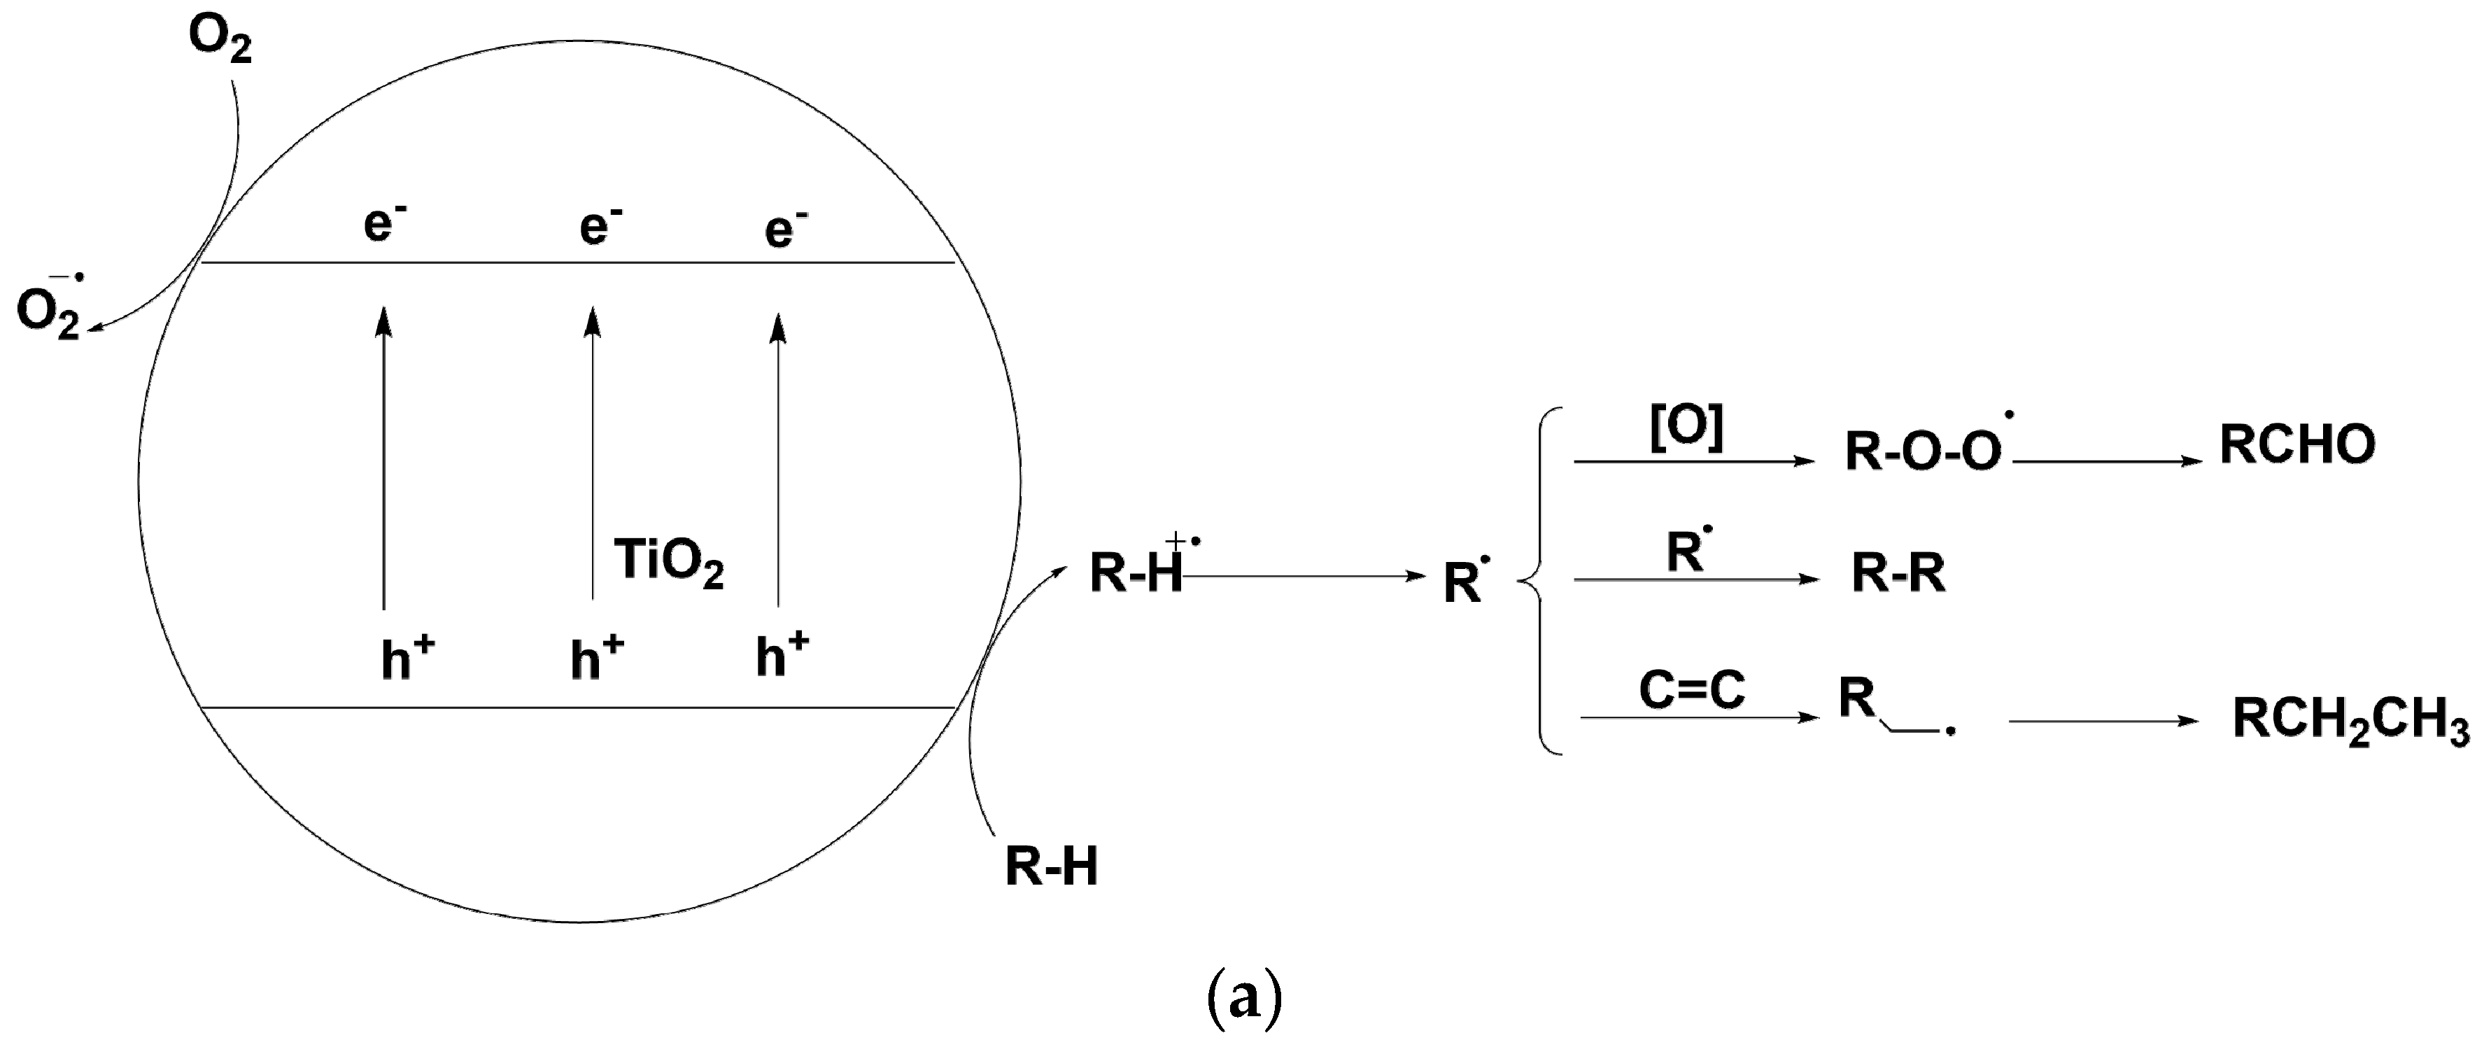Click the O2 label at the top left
(220, 41)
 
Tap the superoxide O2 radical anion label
(50, 311)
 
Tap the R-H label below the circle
(1051, 866)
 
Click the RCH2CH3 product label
(2350, 720)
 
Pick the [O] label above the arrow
(1686, 427)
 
